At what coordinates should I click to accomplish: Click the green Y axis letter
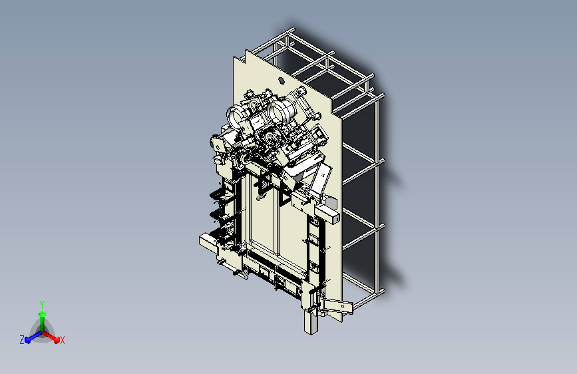(x=42, y=304)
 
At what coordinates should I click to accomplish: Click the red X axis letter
(x=62, y=341)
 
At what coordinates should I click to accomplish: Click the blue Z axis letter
(x=22, y=340)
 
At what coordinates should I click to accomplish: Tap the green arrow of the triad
(x=43, y=321)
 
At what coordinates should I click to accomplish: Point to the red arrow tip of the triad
(x=57, y=340)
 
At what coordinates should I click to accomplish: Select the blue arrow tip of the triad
(x=28, y=340)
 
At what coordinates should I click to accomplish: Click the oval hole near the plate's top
(x=281, y=81)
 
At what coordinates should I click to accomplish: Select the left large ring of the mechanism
(x=235, y=115)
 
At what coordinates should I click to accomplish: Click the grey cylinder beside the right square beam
(x=331, y=203)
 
